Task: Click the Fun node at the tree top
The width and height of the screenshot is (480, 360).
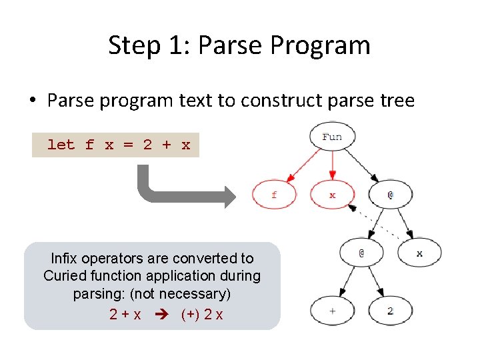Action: coord(331,137)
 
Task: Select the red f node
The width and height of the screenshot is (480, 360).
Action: coord(274,195)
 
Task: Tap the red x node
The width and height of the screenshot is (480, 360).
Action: coord(332,195)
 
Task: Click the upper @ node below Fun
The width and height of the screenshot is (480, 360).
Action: coord(391,195)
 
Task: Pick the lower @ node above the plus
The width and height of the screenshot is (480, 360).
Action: coord(361,253)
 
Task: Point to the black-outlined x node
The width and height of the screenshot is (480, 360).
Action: coord(419,253)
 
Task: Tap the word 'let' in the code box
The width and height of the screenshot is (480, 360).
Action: coord(61,145)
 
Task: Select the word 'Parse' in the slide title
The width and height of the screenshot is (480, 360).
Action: coord(227,45)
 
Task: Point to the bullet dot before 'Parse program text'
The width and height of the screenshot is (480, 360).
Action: coord(32,101)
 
